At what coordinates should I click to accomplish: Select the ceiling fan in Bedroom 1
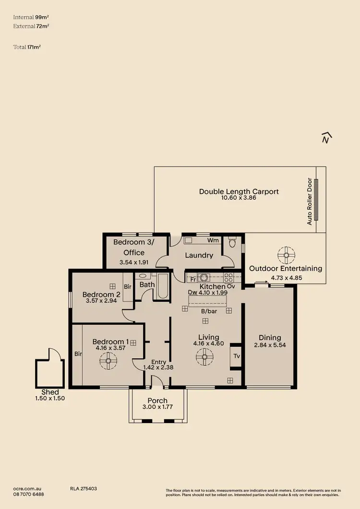coord(108,361)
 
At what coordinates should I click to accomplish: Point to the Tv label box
coord(236,356)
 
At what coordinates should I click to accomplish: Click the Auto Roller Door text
coord(310,201)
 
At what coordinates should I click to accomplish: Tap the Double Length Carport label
coord(239,191)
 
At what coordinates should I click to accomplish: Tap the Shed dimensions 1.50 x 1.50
coord(50,398)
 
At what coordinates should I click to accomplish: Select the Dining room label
coord(269,337)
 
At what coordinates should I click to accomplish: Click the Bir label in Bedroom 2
coord(127,286)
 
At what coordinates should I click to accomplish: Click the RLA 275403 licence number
coord(84,488)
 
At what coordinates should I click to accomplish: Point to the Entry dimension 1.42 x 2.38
coord(158,368)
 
